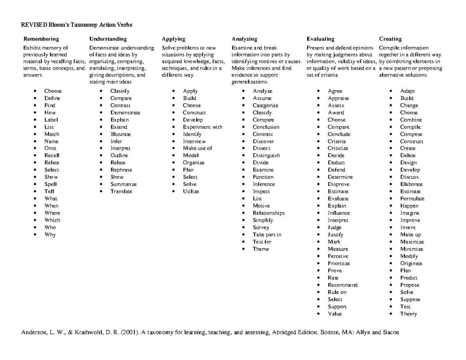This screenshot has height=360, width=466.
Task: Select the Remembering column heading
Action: click(41, 39)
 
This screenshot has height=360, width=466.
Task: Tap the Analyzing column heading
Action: click(244, 39)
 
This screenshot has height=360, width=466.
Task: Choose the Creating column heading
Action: click(390, 39)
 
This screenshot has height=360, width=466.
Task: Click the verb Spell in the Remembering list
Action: click(50, 184)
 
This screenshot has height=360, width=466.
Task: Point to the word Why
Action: click(50, 235)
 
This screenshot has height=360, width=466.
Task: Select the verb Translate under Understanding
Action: click(121, 191)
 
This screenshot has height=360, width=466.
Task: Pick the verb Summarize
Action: click(123, 184)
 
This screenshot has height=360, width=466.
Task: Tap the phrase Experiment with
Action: click(202, 127)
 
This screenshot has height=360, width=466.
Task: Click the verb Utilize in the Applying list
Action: click(191, 191)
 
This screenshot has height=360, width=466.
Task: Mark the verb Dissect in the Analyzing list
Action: click(261, 148)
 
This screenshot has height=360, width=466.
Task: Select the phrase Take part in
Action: click(267, 235)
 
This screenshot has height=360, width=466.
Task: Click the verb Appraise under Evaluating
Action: click(338, 98)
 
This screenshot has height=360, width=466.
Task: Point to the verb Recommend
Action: click(343, 285)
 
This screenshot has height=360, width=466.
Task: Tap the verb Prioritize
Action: click(339, 263)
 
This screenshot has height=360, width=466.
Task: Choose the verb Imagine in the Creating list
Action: click(410, 213)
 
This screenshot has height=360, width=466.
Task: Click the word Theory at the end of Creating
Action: click(409, 314)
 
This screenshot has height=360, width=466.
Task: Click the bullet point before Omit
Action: click(35, 148)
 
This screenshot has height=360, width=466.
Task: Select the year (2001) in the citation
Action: click(126, 332)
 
